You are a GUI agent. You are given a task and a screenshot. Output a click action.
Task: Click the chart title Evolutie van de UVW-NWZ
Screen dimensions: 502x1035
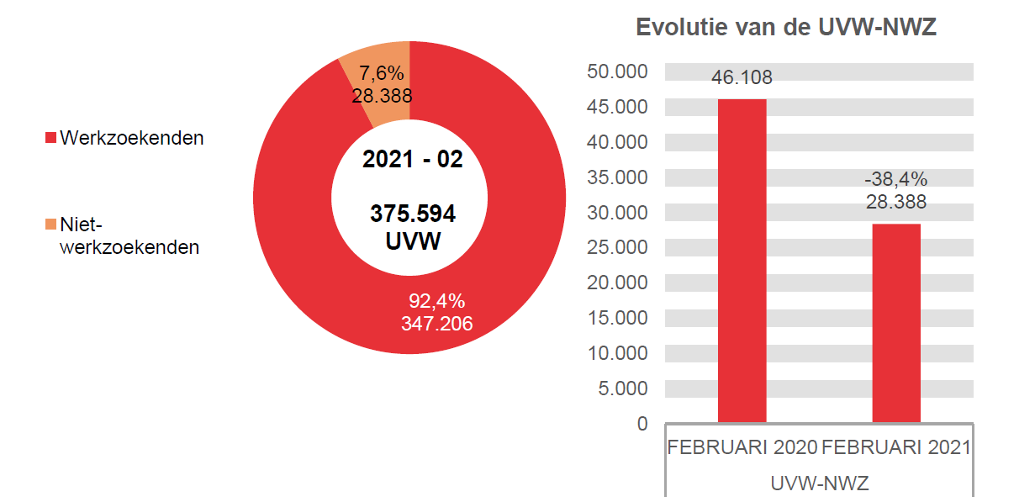tap(786, 28)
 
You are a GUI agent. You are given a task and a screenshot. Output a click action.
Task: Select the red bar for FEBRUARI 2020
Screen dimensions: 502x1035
tap(742, 261)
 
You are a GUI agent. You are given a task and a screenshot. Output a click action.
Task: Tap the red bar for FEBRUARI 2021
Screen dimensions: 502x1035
tap(896, 323)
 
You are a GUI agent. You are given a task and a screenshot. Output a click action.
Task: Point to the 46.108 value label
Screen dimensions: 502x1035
tap(742, 78)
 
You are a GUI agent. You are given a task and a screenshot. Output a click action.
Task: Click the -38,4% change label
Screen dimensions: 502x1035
tap(896, 179)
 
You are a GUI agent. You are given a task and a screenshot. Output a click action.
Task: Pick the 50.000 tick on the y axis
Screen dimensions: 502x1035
tap(618, 72)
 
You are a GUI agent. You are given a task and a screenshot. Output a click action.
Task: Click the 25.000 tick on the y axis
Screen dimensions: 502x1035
tap(618, 247)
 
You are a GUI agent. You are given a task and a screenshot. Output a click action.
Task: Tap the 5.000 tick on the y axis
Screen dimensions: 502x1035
tap(623, 388)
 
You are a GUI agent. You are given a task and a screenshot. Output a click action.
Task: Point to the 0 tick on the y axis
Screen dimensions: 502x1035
tap(643, 424)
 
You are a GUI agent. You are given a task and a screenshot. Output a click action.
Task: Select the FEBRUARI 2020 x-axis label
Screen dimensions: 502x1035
tap(742, 447)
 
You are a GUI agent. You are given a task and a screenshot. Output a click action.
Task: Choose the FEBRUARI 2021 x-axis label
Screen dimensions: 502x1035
tap(896, 447)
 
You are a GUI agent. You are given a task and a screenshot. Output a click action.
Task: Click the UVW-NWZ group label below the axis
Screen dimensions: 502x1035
tap(819, 484)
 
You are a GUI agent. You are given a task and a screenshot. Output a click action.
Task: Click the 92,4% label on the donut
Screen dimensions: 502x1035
tap(436, 301)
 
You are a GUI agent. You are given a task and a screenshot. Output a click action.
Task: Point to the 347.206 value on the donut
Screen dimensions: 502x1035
tap(436, 323)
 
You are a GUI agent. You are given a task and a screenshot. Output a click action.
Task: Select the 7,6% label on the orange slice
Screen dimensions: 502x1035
tap(381, 73)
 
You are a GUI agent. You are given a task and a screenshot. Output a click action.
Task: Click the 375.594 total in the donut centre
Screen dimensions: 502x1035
tap(413, 214)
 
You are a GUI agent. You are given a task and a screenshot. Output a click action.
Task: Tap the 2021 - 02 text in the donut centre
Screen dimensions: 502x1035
tap(413, 159)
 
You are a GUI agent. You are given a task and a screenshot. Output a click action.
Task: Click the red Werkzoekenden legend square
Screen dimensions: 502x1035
tap(50, 138)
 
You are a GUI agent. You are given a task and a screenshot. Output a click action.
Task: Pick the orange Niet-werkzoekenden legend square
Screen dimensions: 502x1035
tap(50, 225)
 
